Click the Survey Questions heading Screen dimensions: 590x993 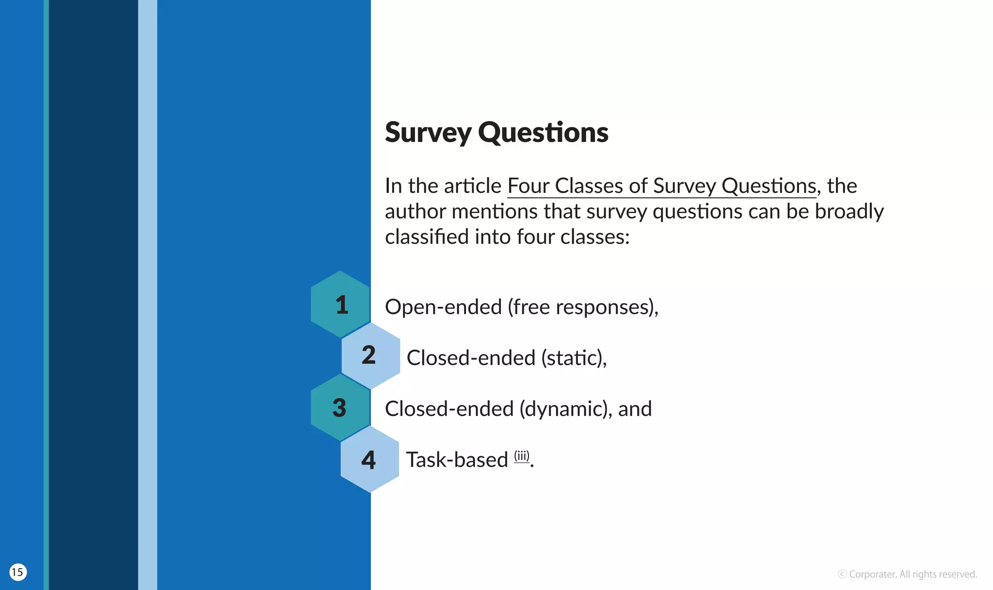(496, 132)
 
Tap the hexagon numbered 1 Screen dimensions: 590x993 (340, 304)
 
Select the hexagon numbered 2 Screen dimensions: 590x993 (370, 355)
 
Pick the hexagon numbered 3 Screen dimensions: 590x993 (340, 407)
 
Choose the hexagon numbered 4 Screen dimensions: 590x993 (369, 459)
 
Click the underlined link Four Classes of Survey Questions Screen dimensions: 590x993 (662, 186)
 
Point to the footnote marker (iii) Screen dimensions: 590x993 (522, 456)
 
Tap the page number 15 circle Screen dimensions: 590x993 (18, 572)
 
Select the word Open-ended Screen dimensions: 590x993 (443, 307)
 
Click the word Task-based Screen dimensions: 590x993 (457, 460)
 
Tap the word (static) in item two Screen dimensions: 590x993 (572, 358)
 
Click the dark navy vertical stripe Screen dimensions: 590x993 (93, 291)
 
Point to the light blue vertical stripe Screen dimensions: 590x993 (147, 291)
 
